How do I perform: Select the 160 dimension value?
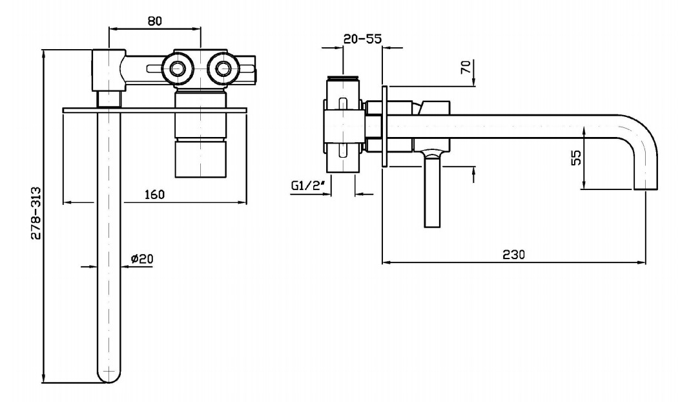[x=154, y=194]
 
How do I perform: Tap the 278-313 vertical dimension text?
[x=36, y=214]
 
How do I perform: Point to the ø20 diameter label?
[x=141, y=259]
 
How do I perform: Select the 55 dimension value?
[x=577, y=157]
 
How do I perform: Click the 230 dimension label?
[x=514, y=254]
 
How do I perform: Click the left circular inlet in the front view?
[x=176, y=68]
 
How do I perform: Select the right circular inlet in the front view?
[x=223, y=68]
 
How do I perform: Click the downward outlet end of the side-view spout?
[x=646, y=186]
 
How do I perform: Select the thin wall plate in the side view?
[x=384, y=127]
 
